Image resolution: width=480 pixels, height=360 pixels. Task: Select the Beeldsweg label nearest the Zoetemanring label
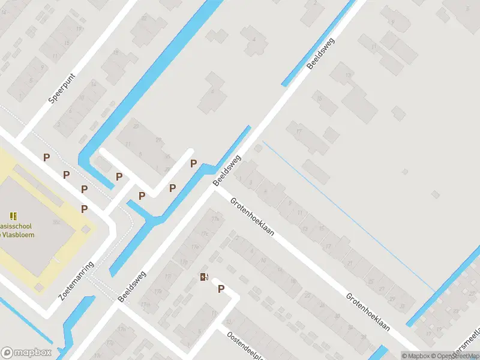click(x=132, y=286)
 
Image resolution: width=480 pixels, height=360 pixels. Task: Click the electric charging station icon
click(x=205, y=277)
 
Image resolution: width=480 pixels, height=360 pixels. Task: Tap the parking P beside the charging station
click(x=221, y=289)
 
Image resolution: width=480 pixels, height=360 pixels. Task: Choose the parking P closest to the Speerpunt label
click(x=46, y=158)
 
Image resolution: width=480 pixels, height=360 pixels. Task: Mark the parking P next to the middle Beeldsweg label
click(x=193, y=163)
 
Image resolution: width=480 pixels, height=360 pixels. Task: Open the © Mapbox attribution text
click(x=417, y=356)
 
